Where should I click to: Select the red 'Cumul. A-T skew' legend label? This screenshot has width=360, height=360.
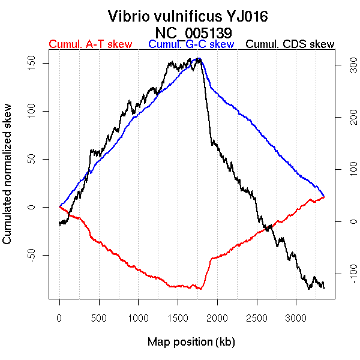pyautogui.click(x=90, y=44)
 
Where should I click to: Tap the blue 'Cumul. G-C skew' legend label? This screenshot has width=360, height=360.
pyautogui.click(x=191, y=44)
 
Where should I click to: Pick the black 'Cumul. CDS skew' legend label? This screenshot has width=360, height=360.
pyautogui.click(x=290, y=44)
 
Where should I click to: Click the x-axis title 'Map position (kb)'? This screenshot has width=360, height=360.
pyautogui.click(x=191, y=342)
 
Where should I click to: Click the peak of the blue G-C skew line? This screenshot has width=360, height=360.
pyautogui.click(x=199, y=59)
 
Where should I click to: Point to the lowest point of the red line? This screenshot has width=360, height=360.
pyautogui.click(x=199, y=289)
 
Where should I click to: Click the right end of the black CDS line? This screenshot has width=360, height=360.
pyautogui.click(x=324, y=288)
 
